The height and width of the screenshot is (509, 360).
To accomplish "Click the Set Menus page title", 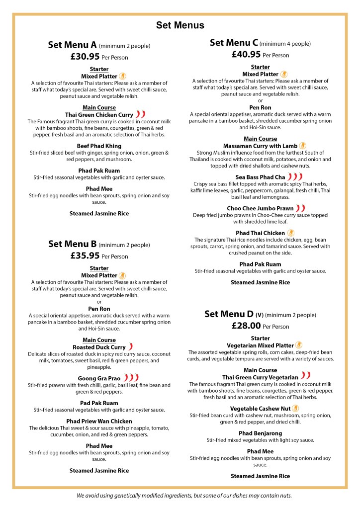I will [x=180, y=25].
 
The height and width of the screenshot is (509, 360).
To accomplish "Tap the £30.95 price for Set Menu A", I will [x=86, y=57].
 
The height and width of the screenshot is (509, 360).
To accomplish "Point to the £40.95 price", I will [x=247, y=55].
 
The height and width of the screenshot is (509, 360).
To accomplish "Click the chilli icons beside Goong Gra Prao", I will [x=131, y=378].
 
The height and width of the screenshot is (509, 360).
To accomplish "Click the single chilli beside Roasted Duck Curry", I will [x=131, y=347].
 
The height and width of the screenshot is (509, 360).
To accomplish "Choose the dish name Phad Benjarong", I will [x=260, y=433].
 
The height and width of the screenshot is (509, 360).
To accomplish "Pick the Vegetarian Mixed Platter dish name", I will [x=260, y=345].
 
